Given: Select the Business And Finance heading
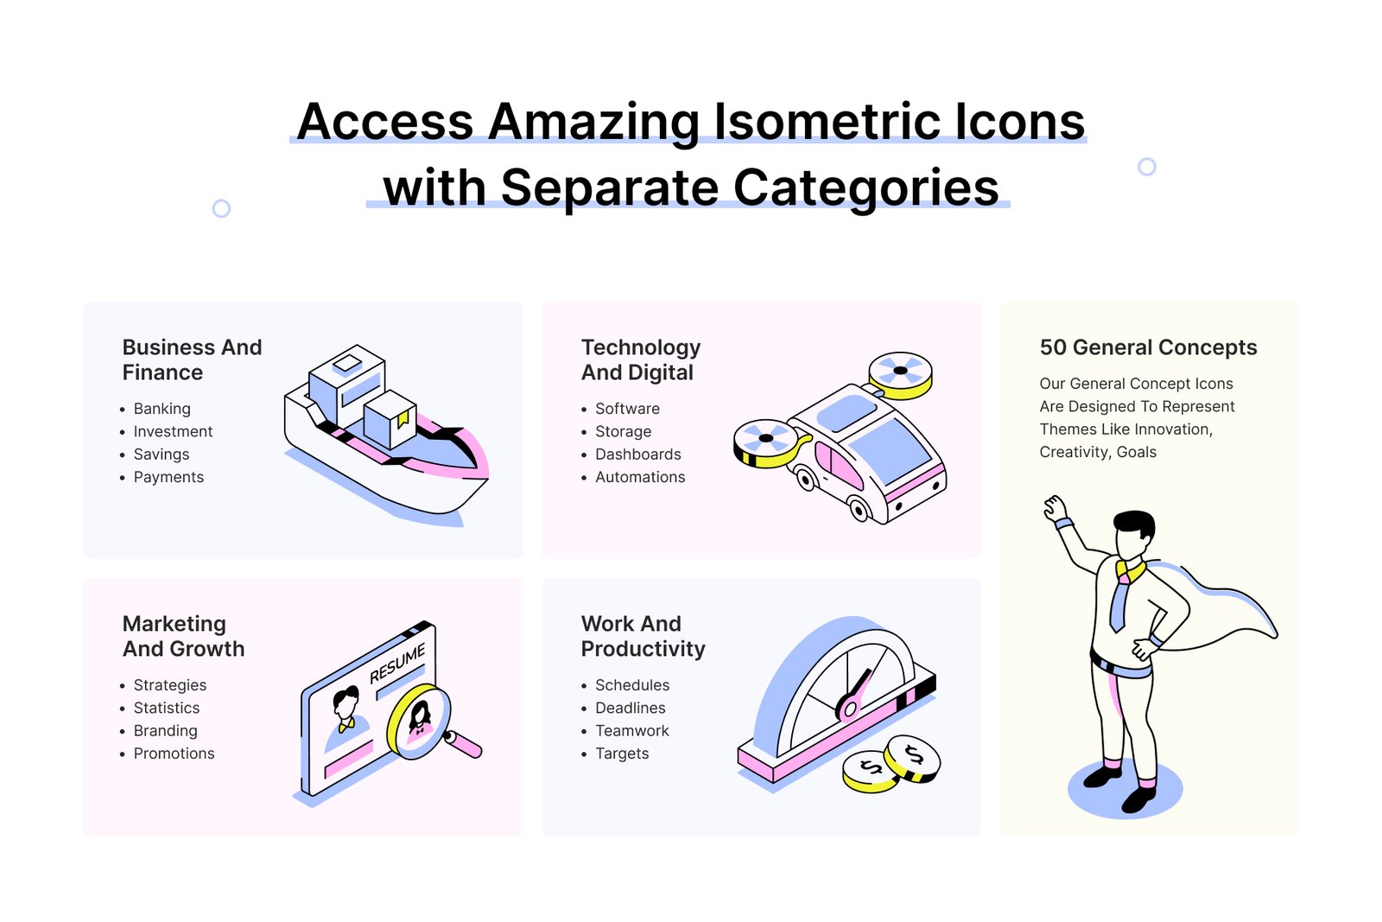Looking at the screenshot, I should tap(192, 359).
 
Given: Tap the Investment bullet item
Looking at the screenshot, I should tap(173, 431).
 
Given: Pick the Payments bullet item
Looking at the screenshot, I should tap(168, 477).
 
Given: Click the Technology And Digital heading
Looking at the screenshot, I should tap(640, 359).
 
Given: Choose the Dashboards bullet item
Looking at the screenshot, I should tap(637, 455).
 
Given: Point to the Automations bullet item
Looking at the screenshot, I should tap(639, 477).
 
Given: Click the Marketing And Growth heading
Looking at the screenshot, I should tap(183, 636).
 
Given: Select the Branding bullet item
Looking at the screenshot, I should tap(165, 731).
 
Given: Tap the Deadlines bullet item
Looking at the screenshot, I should tap(630, 708).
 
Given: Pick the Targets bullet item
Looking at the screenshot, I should tap(621, 753).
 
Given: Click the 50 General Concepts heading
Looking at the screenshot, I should tap(1148, 347).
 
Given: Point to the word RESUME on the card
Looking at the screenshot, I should tap(397, 664).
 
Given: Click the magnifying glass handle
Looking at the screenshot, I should tap(464, 744).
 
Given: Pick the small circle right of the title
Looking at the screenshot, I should tap(1146, 167).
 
